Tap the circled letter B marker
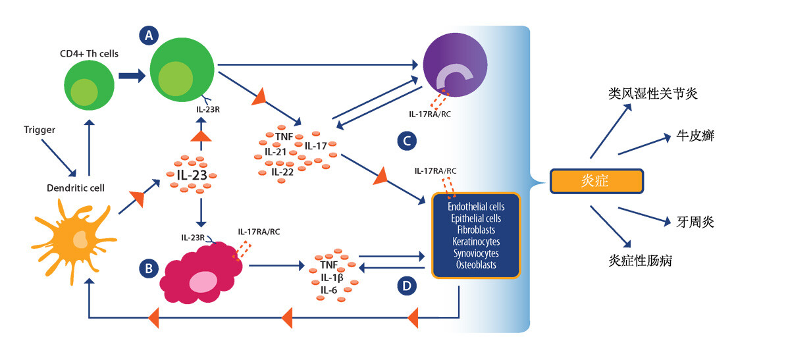[149, 268]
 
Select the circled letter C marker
[407, 140]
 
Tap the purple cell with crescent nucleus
[456, 65]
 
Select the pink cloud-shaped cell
[201, 274]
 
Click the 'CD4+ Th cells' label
[92, 53]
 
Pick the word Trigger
[38, 130]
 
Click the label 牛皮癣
[695, 137]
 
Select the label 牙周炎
[695, 222]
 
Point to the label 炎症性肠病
[640, 261]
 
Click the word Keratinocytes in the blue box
[476, 242]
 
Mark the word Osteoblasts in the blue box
[476, 265]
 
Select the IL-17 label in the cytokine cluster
[317, 145]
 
